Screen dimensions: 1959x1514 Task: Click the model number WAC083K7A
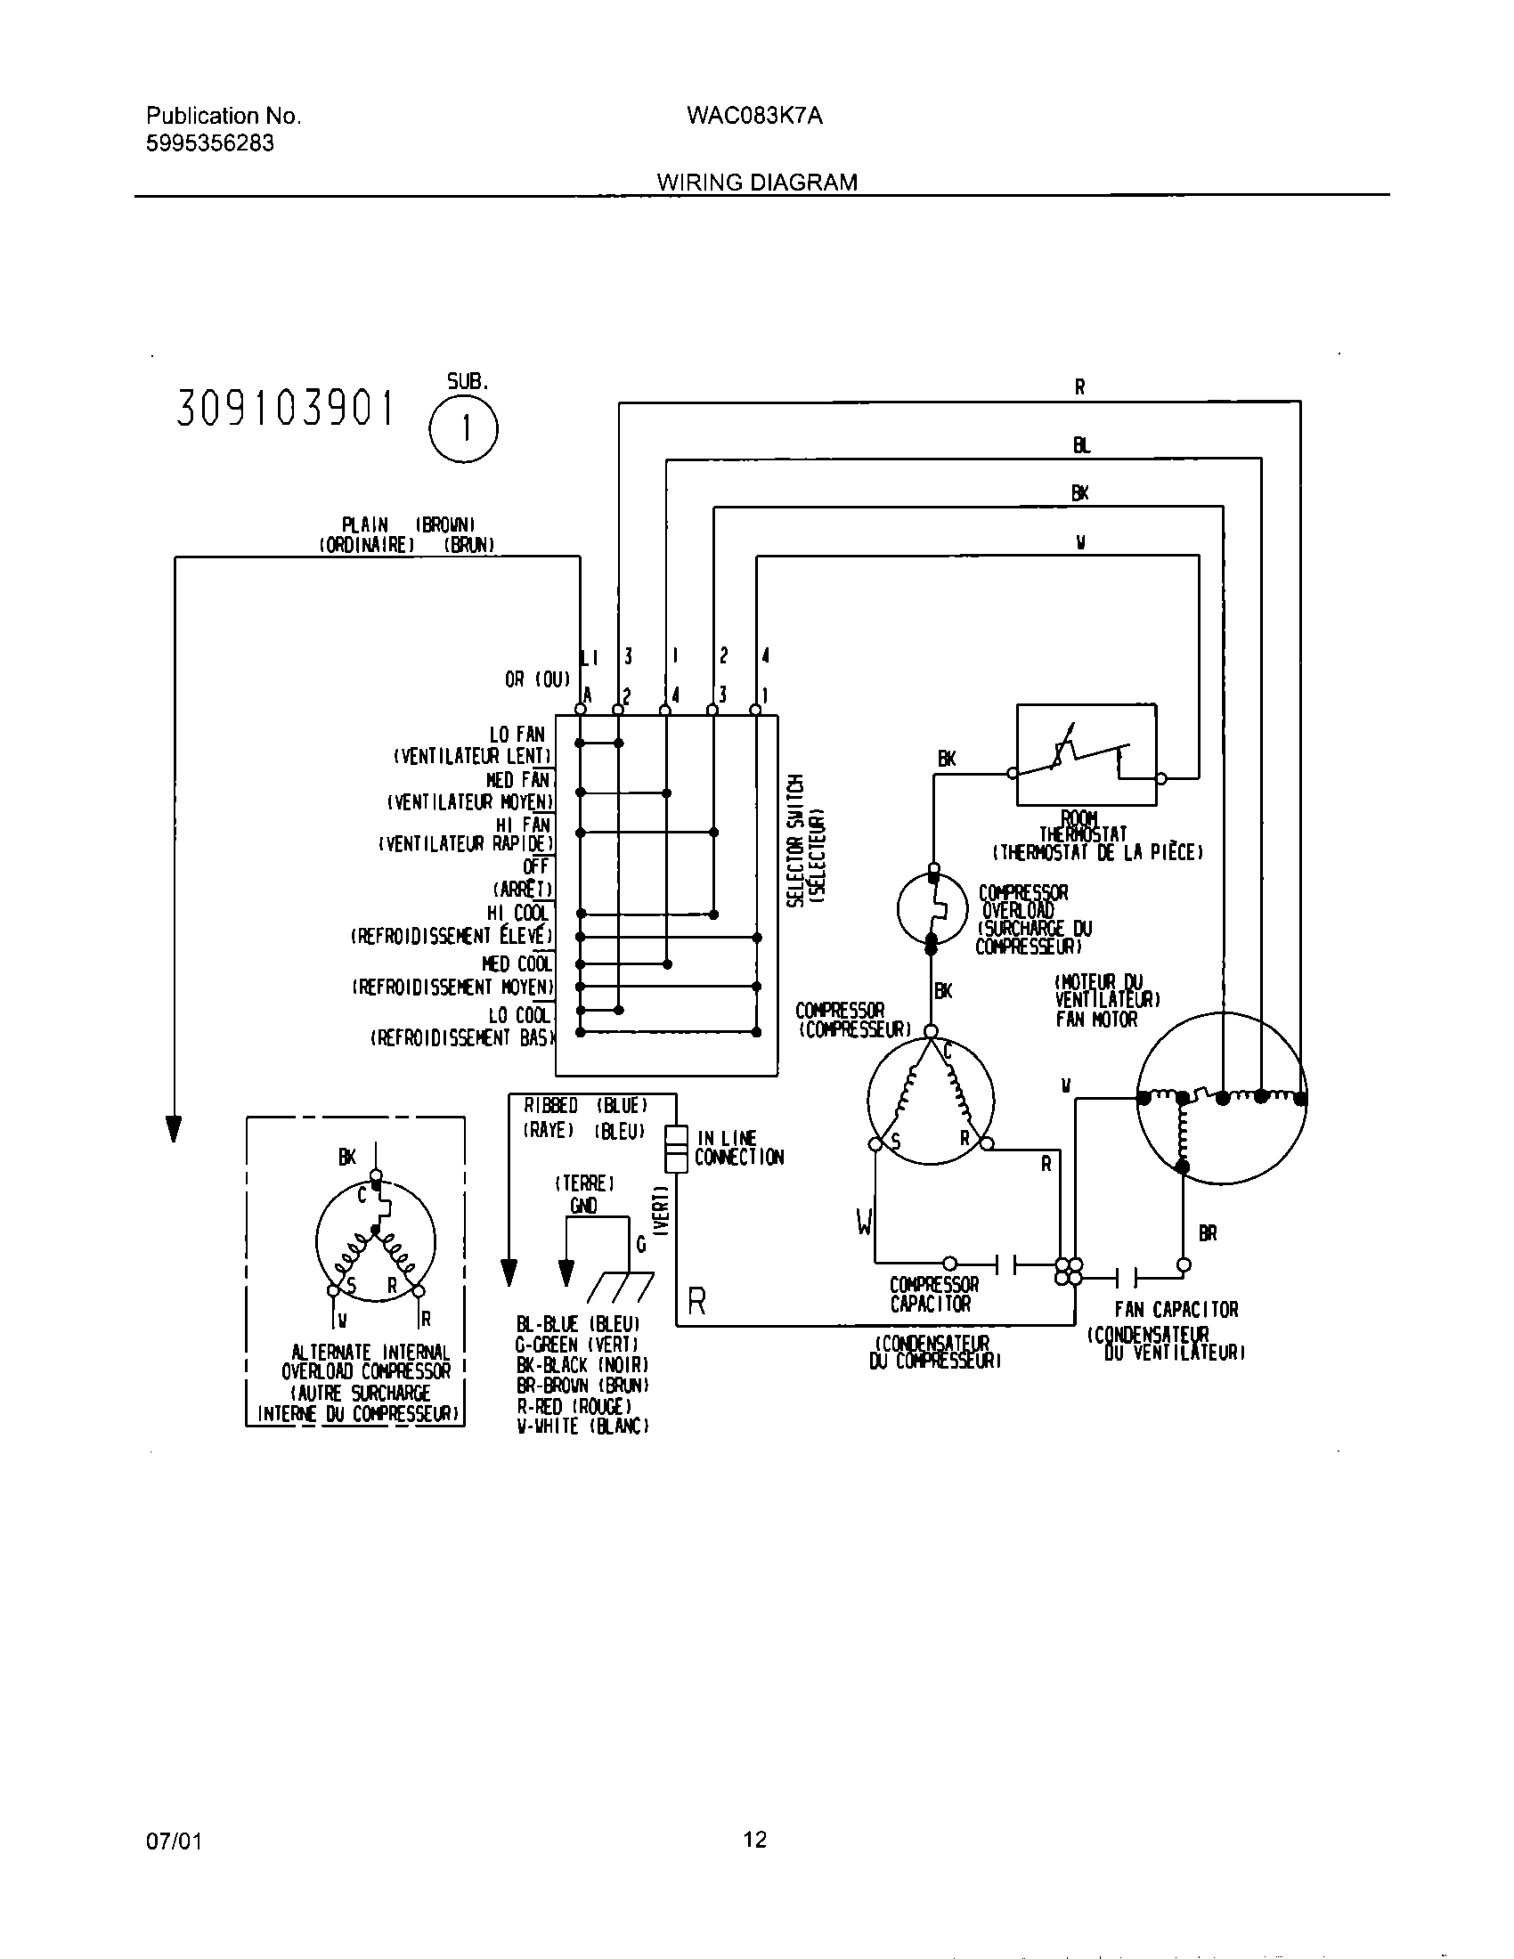tap(754, 116)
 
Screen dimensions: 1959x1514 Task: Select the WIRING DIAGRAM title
tap(757, 182)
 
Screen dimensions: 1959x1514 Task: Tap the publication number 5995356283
tap(210, 143)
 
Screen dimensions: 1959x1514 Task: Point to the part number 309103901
tap(285, 409)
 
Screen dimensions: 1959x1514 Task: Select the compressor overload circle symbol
tap(932, 908)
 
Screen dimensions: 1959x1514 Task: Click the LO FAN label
tap(517, 735)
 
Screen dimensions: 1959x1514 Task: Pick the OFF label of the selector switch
tap(535, 867)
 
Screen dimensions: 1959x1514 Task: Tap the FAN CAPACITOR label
tap(1176, 1310)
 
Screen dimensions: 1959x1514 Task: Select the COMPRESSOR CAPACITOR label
tap(932, 1295)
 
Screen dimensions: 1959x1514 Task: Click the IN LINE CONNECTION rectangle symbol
tap(675, 1149)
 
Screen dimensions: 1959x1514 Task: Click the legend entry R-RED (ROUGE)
tap(574, 1405)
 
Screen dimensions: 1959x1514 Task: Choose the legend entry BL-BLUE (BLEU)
tap(578, 1324)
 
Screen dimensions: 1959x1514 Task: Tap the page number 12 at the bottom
tap(755, 1840)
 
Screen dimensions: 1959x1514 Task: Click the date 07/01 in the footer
tap(174, 1841)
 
